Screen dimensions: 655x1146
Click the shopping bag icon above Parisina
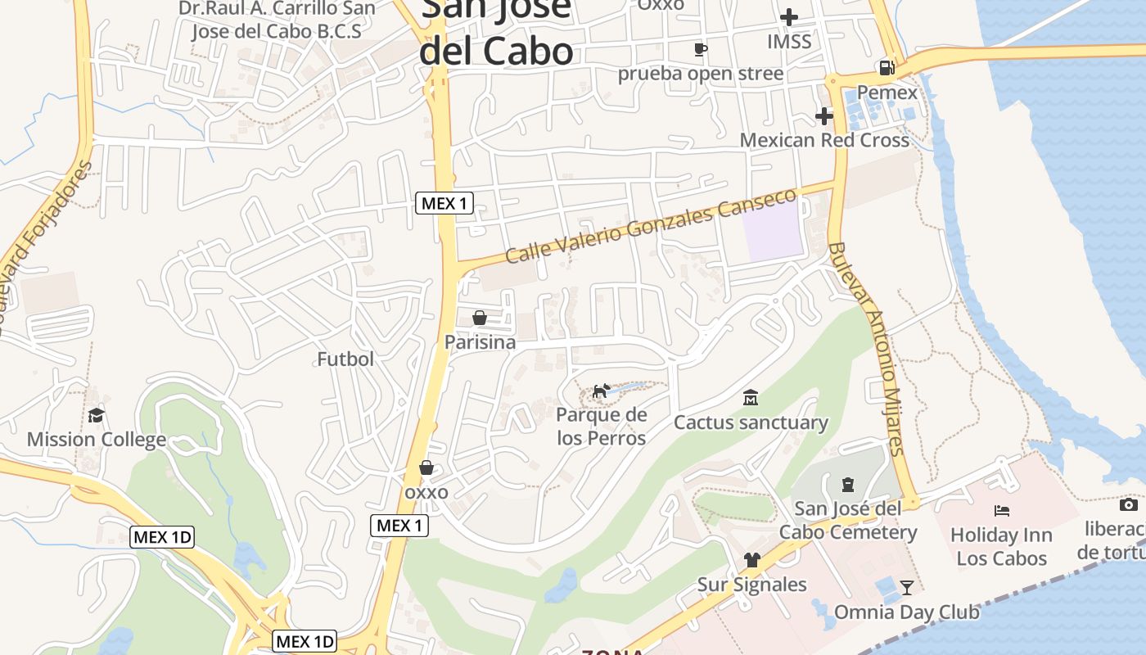(x=480, y=318)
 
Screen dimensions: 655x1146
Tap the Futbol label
(x=345, y=359)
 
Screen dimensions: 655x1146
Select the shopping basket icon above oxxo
(x=426, y=468)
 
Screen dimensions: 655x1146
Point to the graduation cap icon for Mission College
(x=97, y=415)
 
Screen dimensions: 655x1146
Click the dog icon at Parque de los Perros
(x=602, y=391)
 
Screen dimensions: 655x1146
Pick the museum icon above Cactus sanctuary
(x=750, y=399)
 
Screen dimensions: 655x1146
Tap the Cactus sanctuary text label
(x=751, y=422)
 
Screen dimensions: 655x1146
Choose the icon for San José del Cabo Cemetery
(x=848, y=485)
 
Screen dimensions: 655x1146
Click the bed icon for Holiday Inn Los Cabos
(x=1002, y=511)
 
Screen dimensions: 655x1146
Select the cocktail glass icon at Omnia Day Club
(x=907, y=587)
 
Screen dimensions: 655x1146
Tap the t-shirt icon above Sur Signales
(x=752, y=560)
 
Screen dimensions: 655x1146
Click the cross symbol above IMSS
(x=789, y=16)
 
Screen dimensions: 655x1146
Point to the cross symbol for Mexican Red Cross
(x=824, y=116)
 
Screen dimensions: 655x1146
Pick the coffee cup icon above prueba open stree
(x=701, y=49)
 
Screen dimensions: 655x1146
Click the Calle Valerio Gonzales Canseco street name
(x=651, y=226)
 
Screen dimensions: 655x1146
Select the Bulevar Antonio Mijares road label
(x=866, y=348)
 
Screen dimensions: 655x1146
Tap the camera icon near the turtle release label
(x=1129, y=504)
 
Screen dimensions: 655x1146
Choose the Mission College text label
(x=97, y=440)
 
